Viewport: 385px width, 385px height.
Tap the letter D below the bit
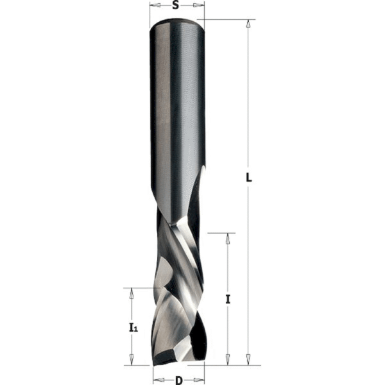(x=178, y=380)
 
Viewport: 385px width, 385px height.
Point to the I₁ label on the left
(x=132, y=328)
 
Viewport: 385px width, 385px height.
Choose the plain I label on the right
(x=228, y=298)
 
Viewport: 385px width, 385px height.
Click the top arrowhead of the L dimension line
(x=248, y=24)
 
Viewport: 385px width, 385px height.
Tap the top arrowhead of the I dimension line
(x=228, y=237)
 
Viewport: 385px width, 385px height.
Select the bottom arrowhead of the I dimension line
(x=228, y=360)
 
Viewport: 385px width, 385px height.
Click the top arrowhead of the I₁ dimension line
(x=132, y=292)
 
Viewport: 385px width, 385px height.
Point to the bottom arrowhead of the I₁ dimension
(x=132, y=360)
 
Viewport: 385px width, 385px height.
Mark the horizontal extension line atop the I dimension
(x=222, y=232)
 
